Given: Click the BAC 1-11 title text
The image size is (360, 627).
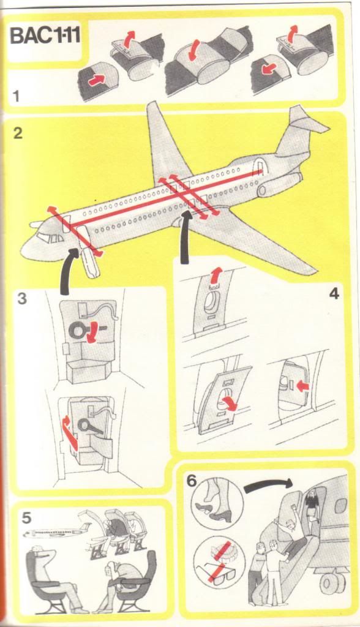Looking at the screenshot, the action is click(45, 36).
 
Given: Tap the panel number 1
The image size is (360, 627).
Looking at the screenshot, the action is click(16, 96).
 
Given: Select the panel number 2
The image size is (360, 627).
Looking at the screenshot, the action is click(18, 133).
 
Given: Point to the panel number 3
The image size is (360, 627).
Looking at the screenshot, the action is click(22, 298).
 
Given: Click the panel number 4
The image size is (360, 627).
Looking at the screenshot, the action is click(334, 293).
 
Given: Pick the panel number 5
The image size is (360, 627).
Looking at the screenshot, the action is click(26, 518).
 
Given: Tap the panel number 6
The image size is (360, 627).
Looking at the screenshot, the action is click(192, 481).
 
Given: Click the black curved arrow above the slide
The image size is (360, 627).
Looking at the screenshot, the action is click(268, 485).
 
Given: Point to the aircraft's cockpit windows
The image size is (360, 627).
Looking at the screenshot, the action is click(50, 238).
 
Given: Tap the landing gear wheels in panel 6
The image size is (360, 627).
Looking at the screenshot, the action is click(333, 584).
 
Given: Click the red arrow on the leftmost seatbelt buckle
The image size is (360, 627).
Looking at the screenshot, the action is click(94, 79).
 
